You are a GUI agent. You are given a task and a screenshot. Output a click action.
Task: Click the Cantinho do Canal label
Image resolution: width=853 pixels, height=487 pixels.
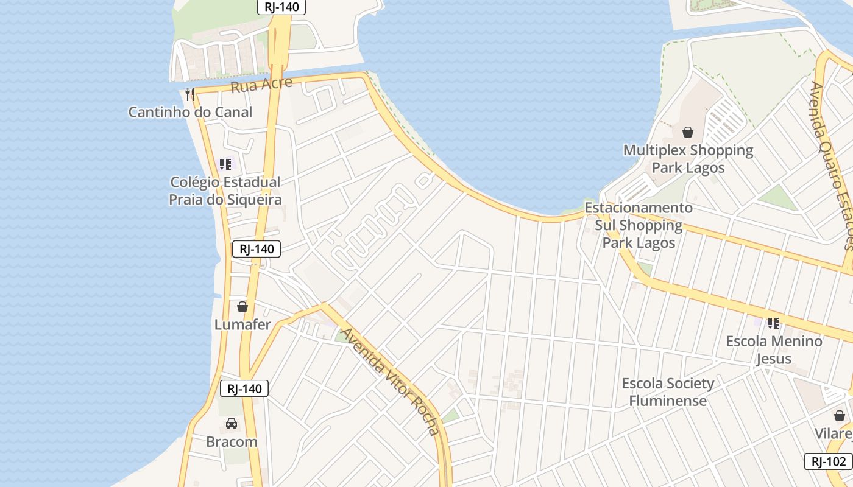coord(190,112)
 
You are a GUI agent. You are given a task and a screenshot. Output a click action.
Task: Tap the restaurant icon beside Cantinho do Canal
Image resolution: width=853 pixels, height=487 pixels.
coord(190,94)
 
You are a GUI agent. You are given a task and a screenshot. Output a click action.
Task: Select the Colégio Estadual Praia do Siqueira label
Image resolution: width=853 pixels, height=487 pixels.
coord(225,191)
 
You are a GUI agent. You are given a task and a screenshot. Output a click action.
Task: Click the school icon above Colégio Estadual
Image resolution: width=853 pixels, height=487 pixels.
coord(225,164)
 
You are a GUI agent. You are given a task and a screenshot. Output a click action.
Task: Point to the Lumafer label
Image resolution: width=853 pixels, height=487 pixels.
coord(242,324)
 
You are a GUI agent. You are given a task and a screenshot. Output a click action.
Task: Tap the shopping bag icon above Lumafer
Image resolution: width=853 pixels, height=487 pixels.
coord(242,306)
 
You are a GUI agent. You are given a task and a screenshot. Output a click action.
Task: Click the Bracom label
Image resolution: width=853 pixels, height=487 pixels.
coord(232,441)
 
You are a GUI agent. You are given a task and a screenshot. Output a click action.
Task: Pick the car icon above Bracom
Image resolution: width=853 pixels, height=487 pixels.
coord(232,424)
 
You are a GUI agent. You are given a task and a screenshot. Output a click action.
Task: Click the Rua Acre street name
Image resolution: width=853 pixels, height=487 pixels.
coord(261,85)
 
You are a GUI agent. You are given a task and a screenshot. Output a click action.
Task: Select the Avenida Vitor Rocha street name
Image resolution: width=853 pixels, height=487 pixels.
coord(390,381)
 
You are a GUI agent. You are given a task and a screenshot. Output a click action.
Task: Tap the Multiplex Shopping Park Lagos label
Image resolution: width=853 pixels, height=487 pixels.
coord(688,158)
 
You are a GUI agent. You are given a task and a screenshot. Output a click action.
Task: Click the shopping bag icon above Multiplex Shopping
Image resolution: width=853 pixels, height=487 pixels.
coord(688,131)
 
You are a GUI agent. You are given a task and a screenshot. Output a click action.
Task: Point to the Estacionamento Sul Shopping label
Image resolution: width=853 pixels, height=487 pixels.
coord(639,225)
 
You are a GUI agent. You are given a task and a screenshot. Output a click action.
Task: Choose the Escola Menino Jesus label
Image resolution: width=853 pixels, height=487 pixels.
coord(774,349)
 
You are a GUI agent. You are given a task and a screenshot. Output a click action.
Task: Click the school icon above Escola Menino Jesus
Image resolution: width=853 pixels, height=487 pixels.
coord(774,323)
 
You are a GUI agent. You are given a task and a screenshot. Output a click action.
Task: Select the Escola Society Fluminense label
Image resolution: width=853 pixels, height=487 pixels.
coord(668,391)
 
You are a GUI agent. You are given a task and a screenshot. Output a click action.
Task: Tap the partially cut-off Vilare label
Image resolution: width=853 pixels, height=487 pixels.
coord(834,433)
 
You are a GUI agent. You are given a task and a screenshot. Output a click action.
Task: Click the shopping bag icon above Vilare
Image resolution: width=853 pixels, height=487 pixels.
coord(840,416)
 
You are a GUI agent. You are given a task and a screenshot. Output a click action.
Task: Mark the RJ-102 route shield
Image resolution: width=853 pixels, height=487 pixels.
coord(828,461)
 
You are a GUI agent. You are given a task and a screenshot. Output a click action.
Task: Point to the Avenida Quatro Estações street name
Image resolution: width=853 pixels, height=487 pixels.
coord(831,164)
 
